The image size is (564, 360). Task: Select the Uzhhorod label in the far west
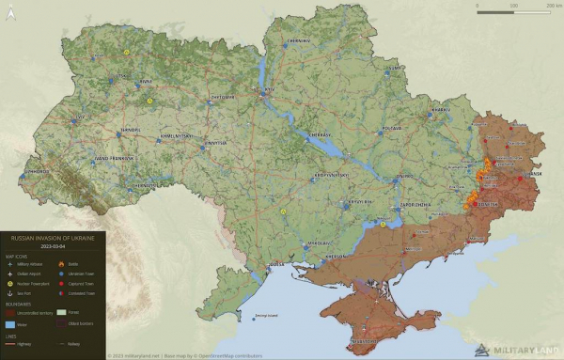(37, 173)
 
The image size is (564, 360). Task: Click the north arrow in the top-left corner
(14, 13)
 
